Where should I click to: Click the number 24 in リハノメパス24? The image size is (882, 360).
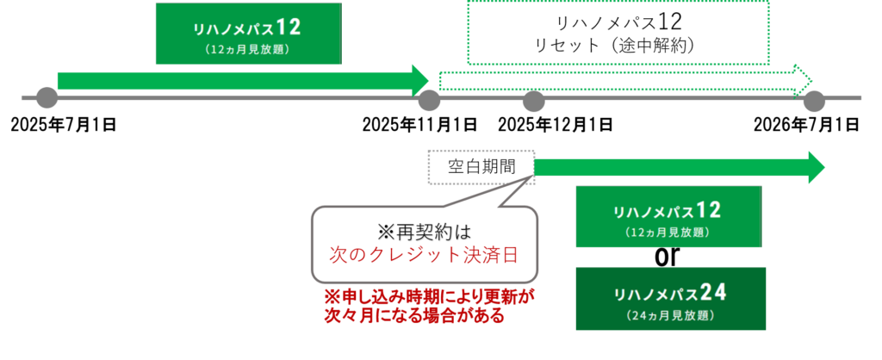(x=713, y=293)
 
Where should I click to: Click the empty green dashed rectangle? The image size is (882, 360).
(x=618, y=32)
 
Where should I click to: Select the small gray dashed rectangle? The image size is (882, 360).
(x=481, y=166)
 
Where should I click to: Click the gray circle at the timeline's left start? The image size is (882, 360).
(x=47, y=98)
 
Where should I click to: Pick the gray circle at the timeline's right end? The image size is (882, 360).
(x=814, y=101)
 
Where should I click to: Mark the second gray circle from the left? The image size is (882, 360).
(x=428, y=101)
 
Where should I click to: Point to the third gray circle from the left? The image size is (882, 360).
(x=534, y=101)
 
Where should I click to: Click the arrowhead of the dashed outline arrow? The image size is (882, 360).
(x=803, y=81)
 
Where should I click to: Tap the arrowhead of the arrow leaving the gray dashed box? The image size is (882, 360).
(x=817, y=166)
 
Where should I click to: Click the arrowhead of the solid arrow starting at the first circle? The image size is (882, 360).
(x=420, y=81)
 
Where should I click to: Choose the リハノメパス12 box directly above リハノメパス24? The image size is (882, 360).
(x=668, y=216)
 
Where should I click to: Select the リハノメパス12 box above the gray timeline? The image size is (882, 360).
(x=247, y=34)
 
